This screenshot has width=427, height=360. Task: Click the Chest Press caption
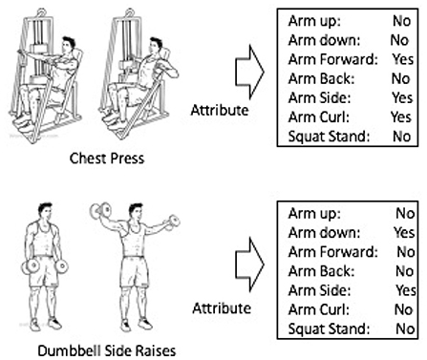(107, 159)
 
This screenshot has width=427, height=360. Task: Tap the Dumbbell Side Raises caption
(107, 350)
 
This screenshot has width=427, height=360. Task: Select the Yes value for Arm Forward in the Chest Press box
(403, 59)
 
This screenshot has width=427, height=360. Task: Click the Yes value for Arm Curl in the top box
(401, 116)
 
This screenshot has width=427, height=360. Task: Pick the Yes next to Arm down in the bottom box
(404, 232)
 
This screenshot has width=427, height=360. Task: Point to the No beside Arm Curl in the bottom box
(403, 309)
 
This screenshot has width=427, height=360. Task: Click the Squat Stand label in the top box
(329, 137)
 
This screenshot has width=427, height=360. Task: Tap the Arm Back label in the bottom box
(321, 271)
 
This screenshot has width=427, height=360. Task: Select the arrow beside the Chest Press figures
(249, 72)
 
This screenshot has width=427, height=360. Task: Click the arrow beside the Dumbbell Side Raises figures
(249, 265)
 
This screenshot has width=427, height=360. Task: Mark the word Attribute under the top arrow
(220, 110)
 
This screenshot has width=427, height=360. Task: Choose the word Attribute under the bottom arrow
(222, 308)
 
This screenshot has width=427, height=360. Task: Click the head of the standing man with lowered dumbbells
(45, 211)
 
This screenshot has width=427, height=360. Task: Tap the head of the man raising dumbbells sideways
(136, 213)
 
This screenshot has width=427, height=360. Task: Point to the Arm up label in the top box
(314, 22)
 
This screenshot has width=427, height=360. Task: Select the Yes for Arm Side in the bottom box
(406, 290)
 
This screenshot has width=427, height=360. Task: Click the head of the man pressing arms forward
(68, 46)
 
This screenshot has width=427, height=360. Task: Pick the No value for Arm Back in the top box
(400, 78)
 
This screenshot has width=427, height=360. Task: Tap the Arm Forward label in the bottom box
(332, 252)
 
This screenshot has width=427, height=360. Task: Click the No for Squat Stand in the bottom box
(405, 328)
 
